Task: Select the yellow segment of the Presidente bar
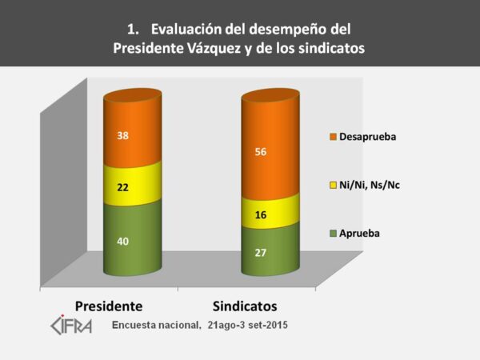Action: coord(132,185)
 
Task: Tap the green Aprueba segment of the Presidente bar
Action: coord(132,241)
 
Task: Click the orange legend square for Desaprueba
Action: coord(333,136)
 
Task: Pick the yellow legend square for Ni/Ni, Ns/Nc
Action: coord(333,185)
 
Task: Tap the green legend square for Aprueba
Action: coord(333,233)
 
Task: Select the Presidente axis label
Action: coord(109,306)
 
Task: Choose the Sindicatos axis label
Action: coord(251,306)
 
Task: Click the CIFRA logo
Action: coord(71,324)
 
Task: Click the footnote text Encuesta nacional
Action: coord(156,326)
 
